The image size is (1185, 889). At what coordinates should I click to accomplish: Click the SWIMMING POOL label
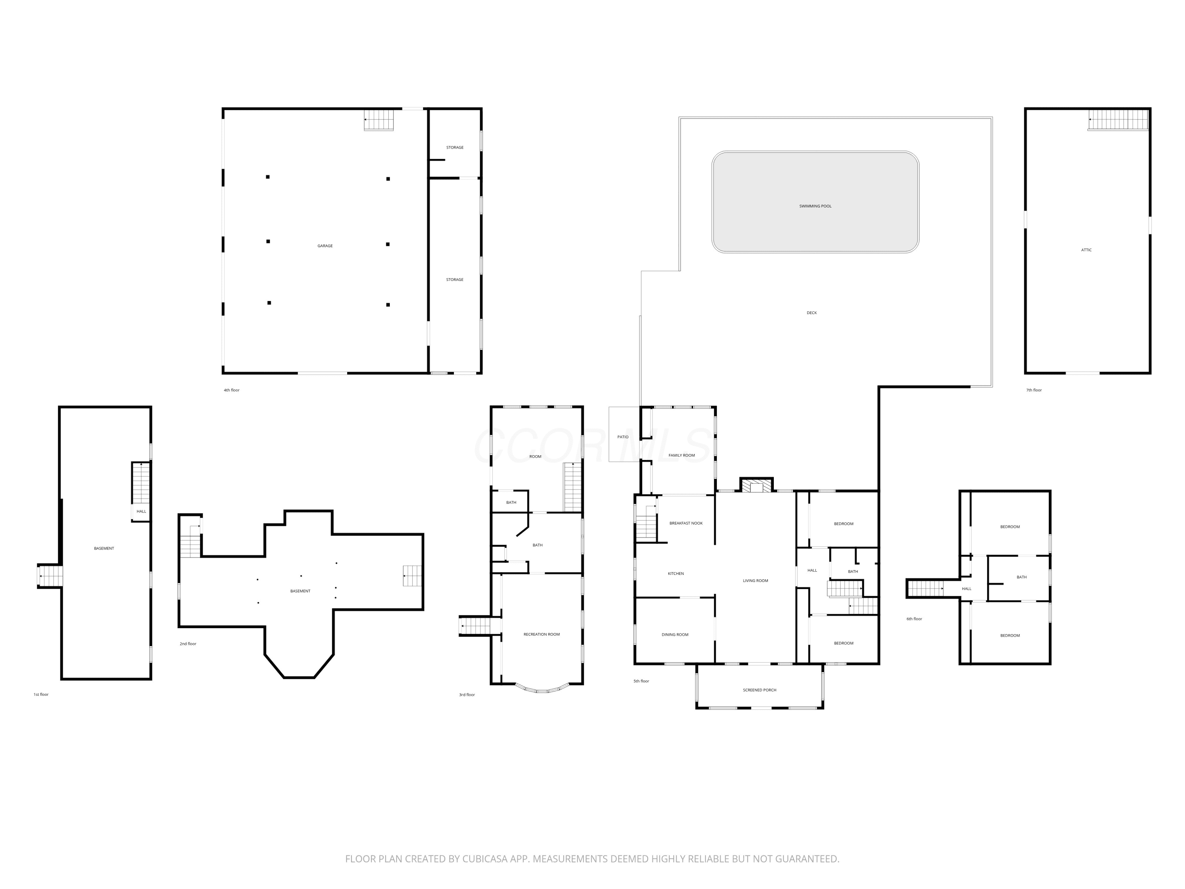click(815, 206)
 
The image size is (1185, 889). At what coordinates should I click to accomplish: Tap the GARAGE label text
click(325, 246)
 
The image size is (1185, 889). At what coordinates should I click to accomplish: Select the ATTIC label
click(1086, 250)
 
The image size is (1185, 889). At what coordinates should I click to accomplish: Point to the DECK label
click(812, 313)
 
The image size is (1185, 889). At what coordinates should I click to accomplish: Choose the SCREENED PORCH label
click(760, 690)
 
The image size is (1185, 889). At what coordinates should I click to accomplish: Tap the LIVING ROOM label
click(755, 581)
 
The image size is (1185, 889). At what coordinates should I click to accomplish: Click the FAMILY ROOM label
click(681, 456)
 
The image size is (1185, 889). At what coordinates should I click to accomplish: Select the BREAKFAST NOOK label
click(686, 524)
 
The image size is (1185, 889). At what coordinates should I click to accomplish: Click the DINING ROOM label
click(675, 635)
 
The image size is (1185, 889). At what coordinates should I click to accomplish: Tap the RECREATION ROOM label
click(542, 635)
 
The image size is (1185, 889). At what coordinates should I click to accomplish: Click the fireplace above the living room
click(756, 484)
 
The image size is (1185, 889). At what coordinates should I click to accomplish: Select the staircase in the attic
click(1118, 119)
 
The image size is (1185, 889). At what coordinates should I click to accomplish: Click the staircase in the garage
click(379, 119)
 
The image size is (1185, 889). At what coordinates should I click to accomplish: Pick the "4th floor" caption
click(231, 390)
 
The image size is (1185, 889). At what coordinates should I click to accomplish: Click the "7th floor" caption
click(1034, 390)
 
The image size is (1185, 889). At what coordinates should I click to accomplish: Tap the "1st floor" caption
click(41, 695)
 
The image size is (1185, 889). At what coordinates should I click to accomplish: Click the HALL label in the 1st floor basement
click(141, 512)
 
